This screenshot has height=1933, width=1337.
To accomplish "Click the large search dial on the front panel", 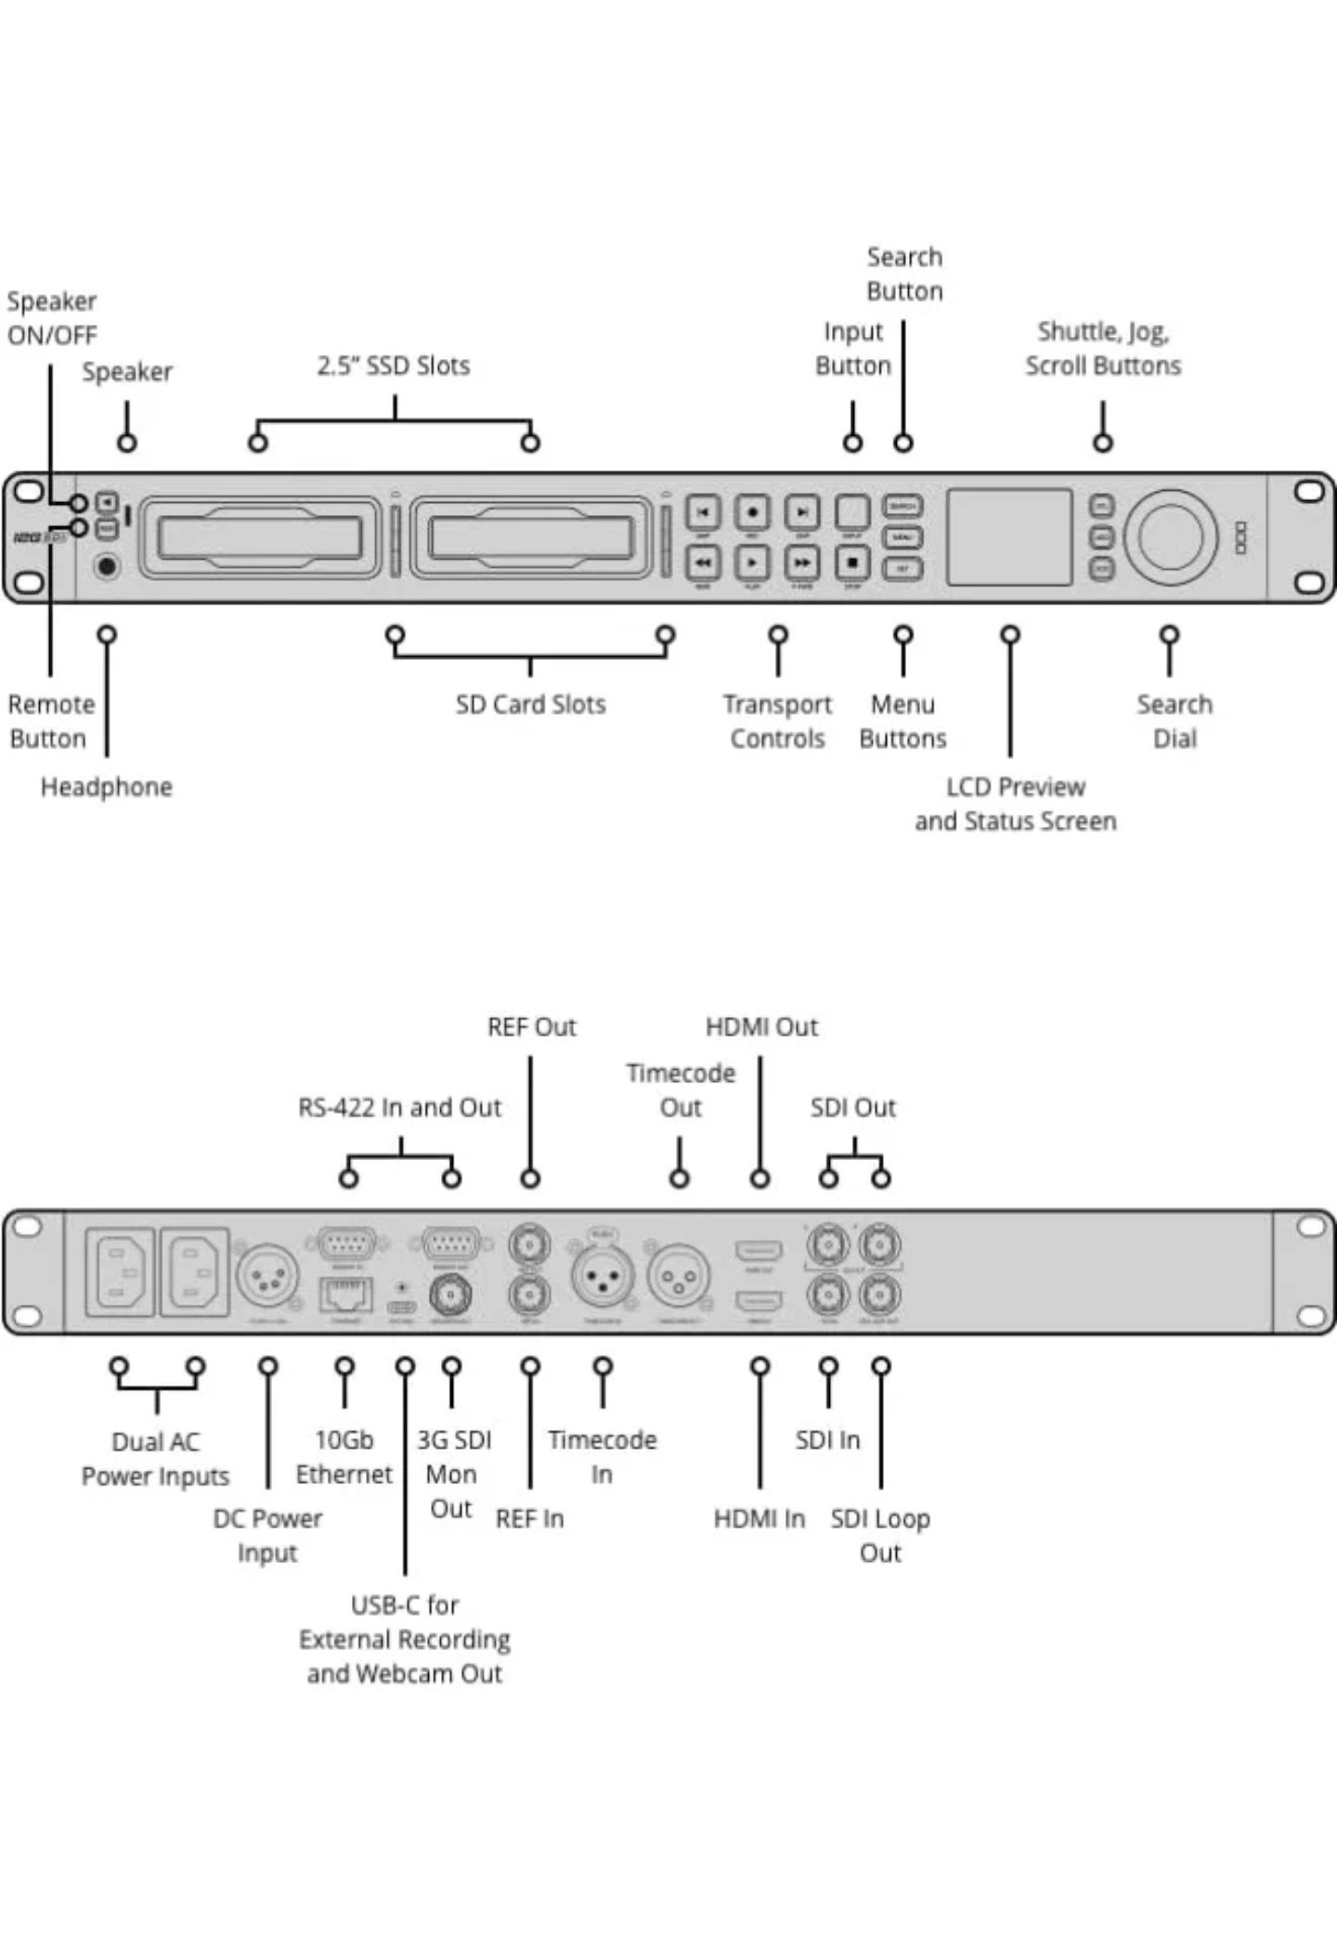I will pos(1170,536).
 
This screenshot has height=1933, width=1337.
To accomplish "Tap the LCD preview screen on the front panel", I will pos(1009,536).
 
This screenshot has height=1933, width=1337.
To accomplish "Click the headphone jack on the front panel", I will pos(108,565).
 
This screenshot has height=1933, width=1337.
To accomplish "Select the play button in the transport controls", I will pos(752,561).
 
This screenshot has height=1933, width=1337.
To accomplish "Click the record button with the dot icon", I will pos(752,511).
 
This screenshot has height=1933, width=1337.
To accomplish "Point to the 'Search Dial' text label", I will pos(1175,721).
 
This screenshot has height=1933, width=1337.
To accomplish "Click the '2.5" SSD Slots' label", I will pos(394,366).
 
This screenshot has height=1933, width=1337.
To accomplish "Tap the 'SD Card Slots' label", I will pos(530,704).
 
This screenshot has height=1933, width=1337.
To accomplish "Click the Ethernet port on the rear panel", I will pos(345,1295).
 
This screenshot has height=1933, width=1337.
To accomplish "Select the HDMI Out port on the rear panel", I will pos(759,1250).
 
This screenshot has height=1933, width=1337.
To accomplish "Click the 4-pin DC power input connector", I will pos(267,1277).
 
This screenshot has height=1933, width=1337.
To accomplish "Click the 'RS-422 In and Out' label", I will pos(399,1107).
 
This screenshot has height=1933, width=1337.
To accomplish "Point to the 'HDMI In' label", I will pos(759,1519).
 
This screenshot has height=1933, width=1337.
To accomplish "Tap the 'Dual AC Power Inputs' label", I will pos(155,1459).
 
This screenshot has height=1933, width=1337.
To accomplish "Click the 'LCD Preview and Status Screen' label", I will pos(1015,804).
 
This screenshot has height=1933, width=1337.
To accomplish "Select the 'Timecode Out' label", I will pos(681,1089).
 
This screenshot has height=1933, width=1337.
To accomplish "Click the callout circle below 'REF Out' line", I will pos(530,1179).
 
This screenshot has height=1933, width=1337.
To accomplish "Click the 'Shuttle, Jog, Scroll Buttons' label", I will pos(1103,348).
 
